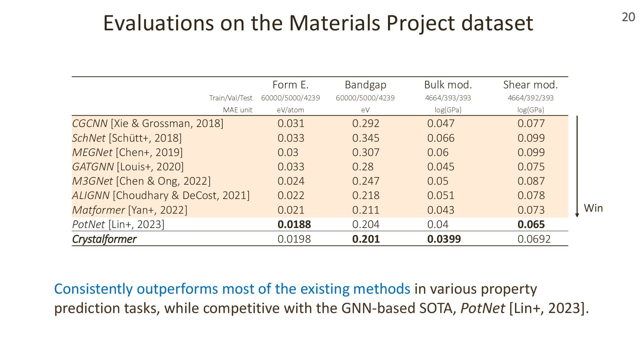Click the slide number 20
point(628,17)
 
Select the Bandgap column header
point(365,85)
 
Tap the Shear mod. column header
point(530,85)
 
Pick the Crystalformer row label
point(104,239)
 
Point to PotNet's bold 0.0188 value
point(294,224)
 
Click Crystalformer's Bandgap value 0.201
point(366,239)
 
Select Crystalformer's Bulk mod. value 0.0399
point(444,239)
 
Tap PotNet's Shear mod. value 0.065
point(531,224)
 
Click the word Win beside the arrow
point(593,208)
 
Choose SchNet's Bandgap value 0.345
point(366,138)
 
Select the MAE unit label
point(237,110)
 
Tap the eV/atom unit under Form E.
point(290,110)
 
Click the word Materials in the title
point(334,23)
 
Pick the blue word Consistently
point(93,289)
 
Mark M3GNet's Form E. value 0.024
point(291,181)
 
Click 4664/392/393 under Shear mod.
point(530,98)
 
